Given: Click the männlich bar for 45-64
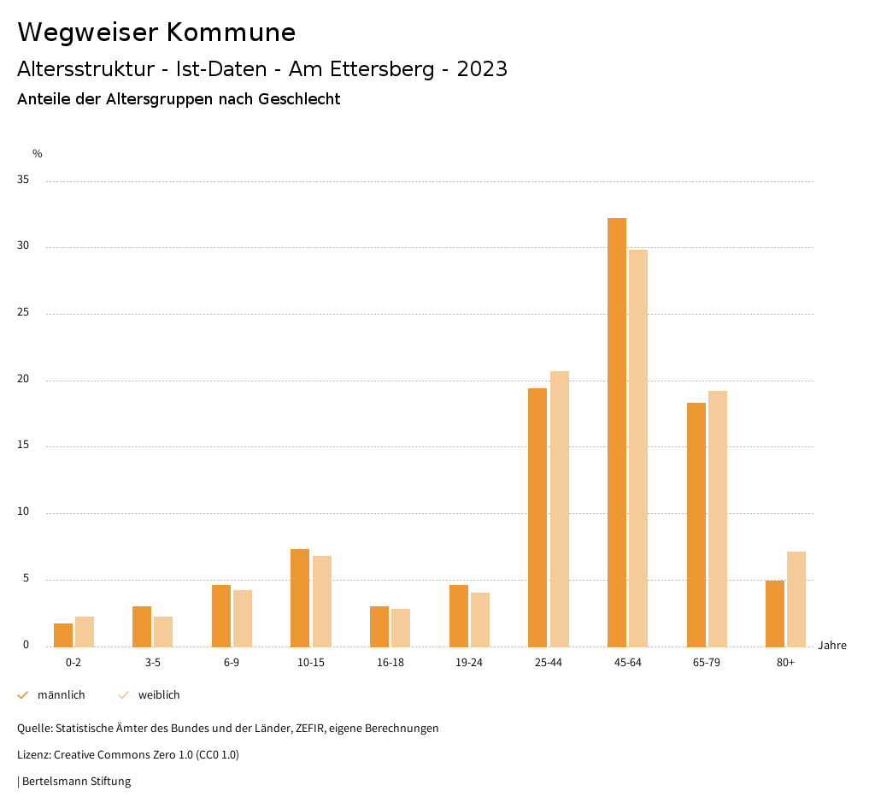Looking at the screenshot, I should point(616,432).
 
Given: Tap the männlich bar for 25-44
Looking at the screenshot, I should point(537,517).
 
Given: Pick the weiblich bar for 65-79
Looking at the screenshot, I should point(718,518).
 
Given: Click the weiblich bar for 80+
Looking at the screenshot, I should point(796,599).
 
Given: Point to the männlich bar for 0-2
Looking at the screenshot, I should point(63,635).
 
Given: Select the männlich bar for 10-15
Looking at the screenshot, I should point(300,598).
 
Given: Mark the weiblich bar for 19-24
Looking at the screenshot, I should point(480,619).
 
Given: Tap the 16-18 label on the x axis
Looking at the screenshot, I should point(391,663).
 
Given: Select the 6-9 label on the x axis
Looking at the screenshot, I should point(232,663).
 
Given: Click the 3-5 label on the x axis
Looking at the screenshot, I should point(153,663).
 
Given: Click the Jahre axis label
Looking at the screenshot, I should point(831,646).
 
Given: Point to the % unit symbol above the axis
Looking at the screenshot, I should point(38,154).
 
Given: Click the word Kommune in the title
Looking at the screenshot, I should point(231,32).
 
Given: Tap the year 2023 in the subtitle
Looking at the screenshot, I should point(482,69).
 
